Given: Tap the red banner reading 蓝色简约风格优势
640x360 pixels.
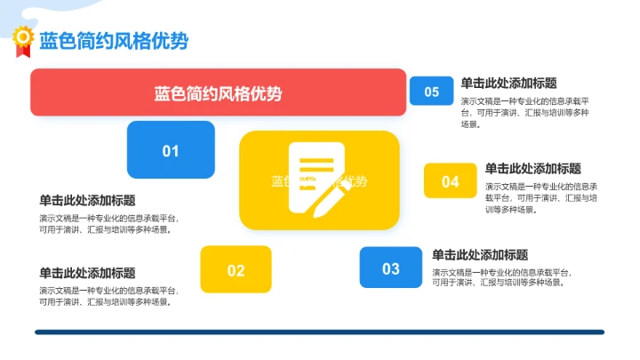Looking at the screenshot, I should point(218,92).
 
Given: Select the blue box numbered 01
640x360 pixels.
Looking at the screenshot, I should point(171,150).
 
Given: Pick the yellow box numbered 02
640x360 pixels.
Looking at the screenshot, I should point(236,269).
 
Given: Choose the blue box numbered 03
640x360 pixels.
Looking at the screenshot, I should point(391,268).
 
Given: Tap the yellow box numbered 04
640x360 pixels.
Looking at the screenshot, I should point(451,181).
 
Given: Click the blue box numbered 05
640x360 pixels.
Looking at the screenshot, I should point(431,91).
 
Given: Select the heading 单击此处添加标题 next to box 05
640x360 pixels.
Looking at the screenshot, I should point(508,84).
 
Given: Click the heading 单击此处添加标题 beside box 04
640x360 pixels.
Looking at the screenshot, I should point(533,168).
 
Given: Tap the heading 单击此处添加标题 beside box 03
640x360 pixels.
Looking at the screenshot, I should point(480,254).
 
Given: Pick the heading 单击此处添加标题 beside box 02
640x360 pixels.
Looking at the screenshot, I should point(87,273).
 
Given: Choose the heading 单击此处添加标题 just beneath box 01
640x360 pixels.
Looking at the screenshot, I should point(87,200).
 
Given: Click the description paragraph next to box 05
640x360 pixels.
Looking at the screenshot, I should point(524,113).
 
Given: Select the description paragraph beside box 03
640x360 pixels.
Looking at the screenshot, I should point(501,277).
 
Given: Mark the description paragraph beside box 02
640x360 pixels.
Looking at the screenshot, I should point(108,296).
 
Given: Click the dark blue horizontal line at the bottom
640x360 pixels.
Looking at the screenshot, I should point(319,332).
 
